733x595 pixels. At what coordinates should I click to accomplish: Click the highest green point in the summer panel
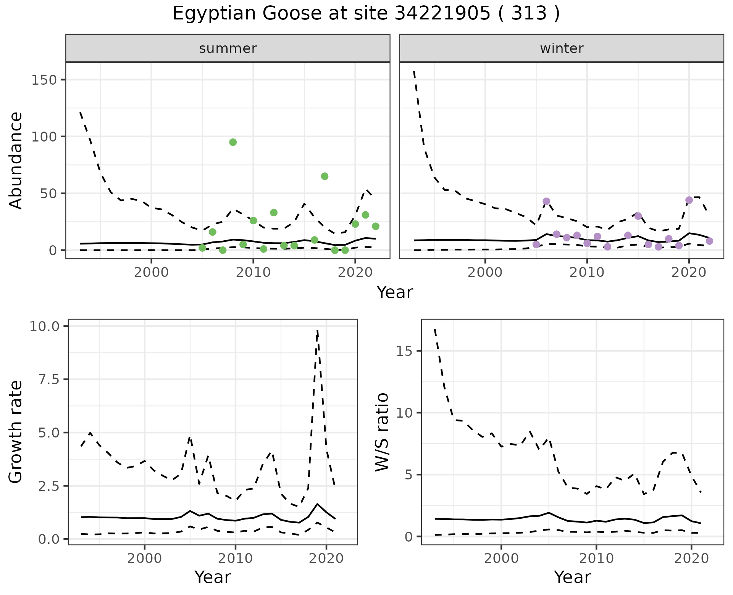click(233, 142)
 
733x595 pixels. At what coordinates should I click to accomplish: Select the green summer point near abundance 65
click(325, 176)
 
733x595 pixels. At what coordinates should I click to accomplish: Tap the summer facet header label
click(228, 48)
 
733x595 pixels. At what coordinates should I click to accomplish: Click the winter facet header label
click(562, 48)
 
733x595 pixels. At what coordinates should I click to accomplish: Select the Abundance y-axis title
click(16, 160)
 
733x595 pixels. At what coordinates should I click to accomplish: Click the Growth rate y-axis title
click(16, 432)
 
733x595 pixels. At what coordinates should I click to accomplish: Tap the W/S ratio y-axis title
click(382, 432)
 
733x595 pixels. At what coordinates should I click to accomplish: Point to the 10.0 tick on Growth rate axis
click(44, 326)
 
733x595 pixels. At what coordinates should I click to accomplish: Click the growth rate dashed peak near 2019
click(317, 331)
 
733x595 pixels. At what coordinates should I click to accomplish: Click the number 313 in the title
click(529, 14)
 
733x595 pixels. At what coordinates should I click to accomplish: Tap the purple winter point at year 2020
click(689, 200)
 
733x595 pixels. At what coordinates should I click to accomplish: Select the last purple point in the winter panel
click(709, 241)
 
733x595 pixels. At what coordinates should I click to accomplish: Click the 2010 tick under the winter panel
click(587, 273)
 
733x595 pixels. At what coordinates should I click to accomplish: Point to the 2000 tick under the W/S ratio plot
click(501, 559)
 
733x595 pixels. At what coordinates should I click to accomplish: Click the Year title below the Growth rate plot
click(213, 577)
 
